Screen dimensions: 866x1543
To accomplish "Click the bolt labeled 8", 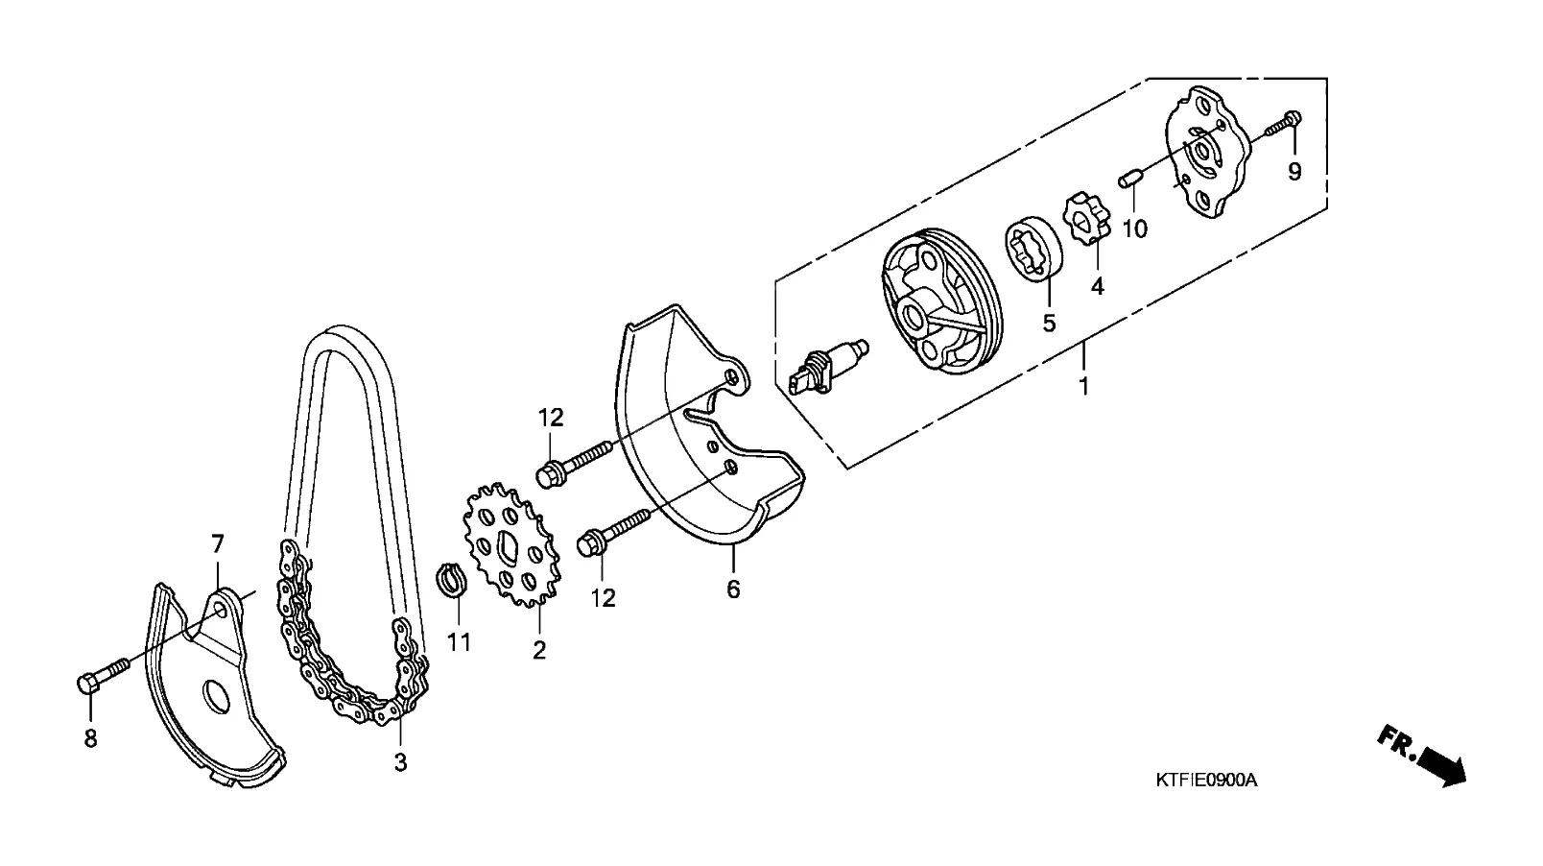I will pyautogui.click(x=101, y=673).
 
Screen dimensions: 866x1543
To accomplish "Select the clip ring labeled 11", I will pyautogui.click(x=451, y=580).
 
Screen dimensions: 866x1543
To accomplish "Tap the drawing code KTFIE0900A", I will pyautogui.click(x=1205, y=780).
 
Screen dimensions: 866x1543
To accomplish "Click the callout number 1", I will pyautogui.click(x=1084, y=387).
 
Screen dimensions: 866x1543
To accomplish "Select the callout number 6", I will pyautogui.click(x=733, y=589).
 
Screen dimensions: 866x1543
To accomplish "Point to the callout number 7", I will pyautogui.click(x=217, y=545).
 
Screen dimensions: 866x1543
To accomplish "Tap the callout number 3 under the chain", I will pyautogui.click(x=400, y=762).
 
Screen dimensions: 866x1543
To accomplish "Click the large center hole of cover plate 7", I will pyautogui.click(x=219, y=696).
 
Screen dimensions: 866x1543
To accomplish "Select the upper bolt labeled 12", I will pyautogui.click(x=575, y=460).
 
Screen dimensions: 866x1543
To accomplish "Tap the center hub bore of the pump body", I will pyautogui.click(x=914, y=314).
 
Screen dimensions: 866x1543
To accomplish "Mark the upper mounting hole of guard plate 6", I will pyautogui.click(x=733, y=376).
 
